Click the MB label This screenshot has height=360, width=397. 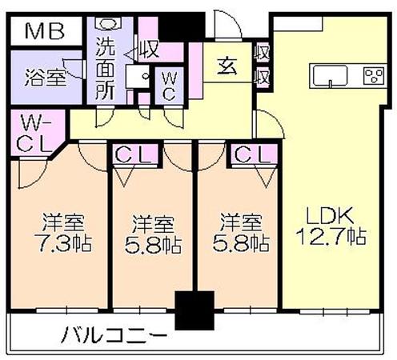(x=45, y=31)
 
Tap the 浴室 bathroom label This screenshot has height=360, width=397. (x=45, y=78)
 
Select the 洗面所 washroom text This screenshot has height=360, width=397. (x=105, y=69)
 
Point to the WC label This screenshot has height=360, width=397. (x=169, y=86)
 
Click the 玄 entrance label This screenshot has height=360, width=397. (x=227, y=66)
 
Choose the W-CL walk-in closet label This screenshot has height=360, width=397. (x=34, y=134)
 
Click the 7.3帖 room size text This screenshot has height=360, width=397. (x=63, y=243)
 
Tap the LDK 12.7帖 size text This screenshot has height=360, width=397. (x=331, y=226)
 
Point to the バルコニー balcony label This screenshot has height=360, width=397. (x=114, y=335)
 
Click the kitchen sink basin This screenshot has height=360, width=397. (x=331, y=76)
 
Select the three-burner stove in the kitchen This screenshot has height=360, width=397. (x=374, y=76)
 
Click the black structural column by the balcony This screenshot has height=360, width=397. (x=194, y=310)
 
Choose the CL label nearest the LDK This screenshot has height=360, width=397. (x=252, y=154)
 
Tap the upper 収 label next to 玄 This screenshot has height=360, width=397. (x=262, y=53)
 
